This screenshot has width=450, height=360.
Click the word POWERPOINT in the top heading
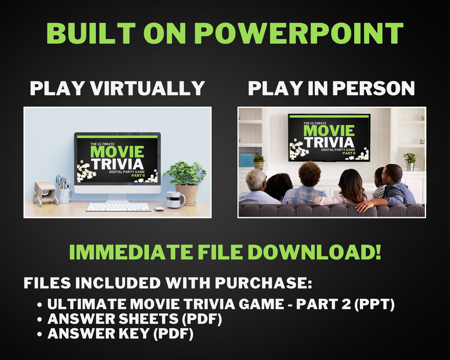(x=299, y=33)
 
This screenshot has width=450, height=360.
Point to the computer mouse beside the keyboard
(x=159, y=208)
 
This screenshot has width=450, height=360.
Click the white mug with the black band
(x=175, y=200)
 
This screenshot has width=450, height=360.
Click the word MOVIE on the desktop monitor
(x=116, y=151)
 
